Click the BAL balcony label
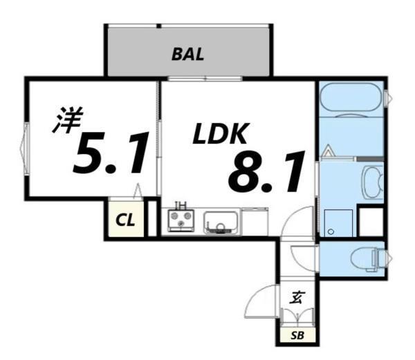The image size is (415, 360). coord(188,55)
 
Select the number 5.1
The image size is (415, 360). coord(111,155)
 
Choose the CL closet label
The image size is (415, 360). coord(125,220)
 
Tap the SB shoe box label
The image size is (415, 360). coord(297,337)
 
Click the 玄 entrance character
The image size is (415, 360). coord(297,299)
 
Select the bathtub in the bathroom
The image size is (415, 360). coord(352,97)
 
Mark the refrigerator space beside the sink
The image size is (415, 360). coord(255,221)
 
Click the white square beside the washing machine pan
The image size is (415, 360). coord(370,221)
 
